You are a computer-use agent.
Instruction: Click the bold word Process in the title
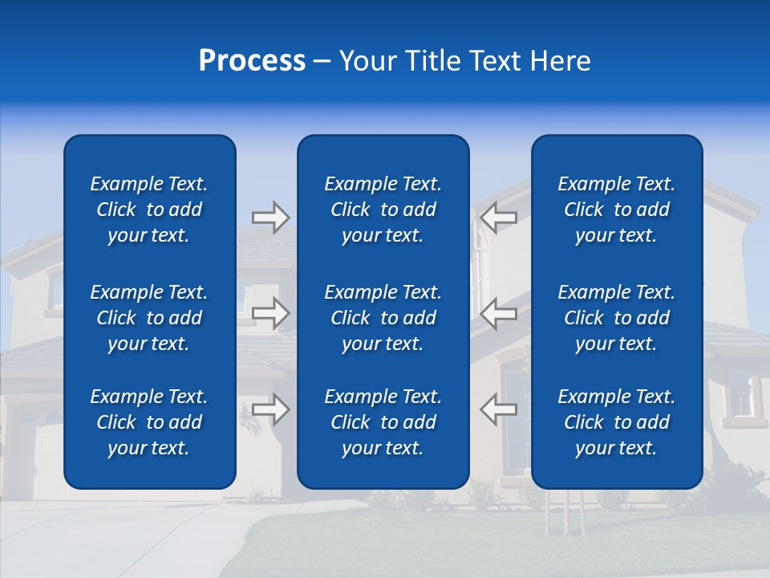pyautogui.click(x=252, y=61)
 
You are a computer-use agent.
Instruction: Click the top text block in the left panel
pyautogui.click(x=149, y=210)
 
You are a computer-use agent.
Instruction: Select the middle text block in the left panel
pyautogui.click(x=149, y=318)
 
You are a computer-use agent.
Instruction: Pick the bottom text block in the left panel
pyautogui.click(x=149, y=422)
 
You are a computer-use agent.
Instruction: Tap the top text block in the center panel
pyautogui.click(x=383, y=210)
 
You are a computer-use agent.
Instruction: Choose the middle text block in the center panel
pyautogui.click(x=383, y=318)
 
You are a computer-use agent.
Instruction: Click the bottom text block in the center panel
pyautogui.click(x=383, y=422)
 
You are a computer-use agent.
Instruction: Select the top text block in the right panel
pyautogui.click(x=616, y=210)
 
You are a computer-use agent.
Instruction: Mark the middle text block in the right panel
pyautogui.click(x=616, y=318)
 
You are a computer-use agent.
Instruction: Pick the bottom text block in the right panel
pyautogui.click(x=616, y=422)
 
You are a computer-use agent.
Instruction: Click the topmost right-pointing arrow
pyautogui.click(x=270, y=218)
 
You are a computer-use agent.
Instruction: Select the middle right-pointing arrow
pyautogui.click(x=270, y=313)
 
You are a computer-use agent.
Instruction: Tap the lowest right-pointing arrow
pyautogui.click(x=270, y=409)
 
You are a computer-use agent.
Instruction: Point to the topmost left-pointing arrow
pyautogui.click(x=499, y=218)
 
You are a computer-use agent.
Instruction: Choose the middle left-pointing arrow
pyautogui.click(x=499, y=313)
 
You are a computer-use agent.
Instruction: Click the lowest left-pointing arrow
pyautogui.click(x=499, y=409)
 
